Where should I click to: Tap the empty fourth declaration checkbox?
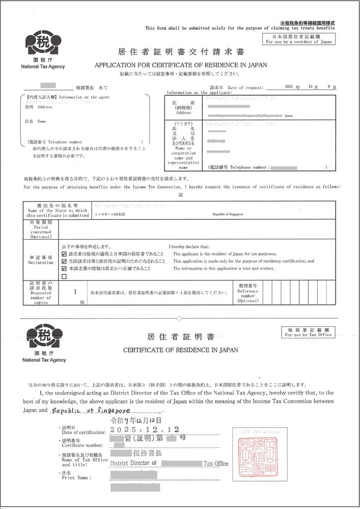point(64,276)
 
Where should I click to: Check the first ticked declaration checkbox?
point(64,253)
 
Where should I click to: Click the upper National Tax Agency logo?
point(43,47)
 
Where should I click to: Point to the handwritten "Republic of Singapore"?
point(92,410)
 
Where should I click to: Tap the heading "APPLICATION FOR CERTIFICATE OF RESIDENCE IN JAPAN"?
point(181,65)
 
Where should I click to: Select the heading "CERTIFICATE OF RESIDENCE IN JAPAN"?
point(181,350)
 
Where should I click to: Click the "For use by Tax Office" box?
point(308,332)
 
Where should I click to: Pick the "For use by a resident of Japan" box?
point(298,39)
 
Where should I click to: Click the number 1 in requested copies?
point(75,292)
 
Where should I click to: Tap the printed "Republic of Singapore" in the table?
point(228,214)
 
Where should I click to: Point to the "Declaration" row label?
point(41,260)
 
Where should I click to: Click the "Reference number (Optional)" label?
point(248,293)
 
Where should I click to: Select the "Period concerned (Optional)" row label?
point(41,230)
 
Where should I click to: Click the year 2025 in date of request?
point(290,88)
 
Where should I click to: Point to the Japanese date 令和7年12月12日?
point(136,421)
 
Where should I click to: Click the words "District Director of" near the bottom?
point(133,463)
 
